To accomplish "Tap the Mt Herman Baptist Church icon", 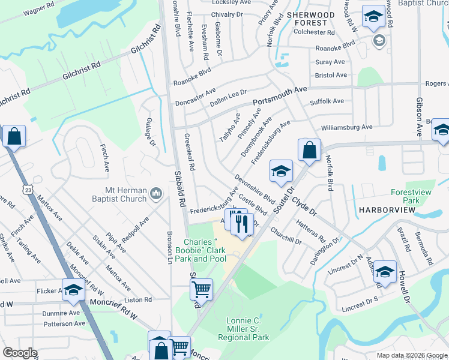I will [x=156, y=193].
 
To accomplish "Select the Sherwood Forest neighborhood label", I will [x=310, y=18].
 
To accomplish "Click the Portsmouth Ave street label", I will [x=280, y=95].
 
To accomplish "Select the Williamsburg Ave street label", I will [x=346, y=127].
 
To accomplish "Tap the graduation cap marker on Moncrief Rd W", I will [x=73, y=290].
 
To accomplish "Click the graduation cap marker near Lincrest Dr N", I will [x=385, y=271].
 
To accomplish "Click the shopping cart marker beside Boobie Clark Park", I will [x=202, y=289].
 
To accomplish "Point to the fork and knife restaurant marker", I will [x=242, y=223].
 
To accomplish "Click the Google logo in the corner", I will [x=20, y=353].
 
